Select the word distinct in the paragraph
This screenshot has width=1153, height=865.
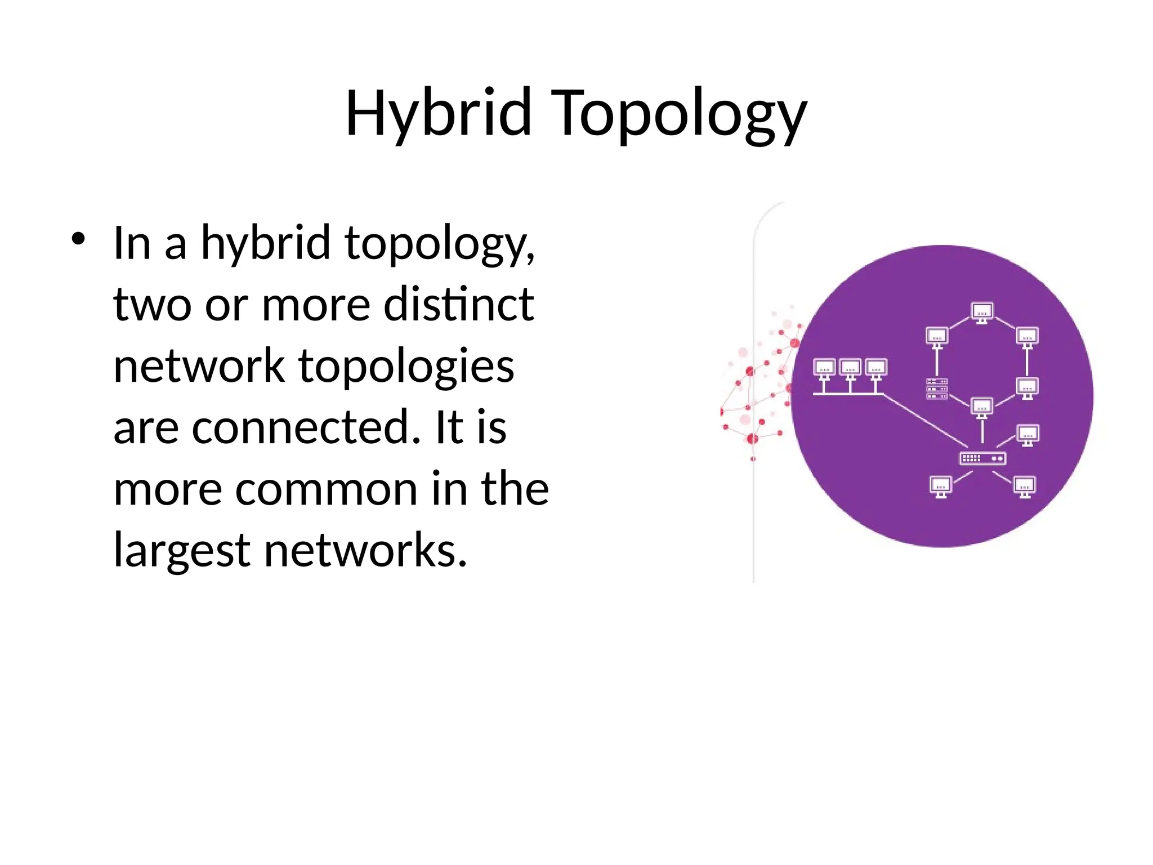click(458, 304)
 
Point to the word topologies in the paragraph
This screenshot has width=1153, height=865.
click(406, 366)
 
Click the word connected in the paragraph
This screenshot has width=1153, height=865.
click(306, 427)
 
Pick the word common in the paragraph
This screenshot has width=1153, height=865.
click(327, 489)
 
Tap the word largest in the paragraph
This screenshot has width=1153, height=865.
click(181, 550)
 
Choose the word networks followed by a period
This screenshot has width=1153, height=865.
click(365, 550)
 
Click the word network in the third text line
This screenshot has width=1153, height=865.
click(199, 366)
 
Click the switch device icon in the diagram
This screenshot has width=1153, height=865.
click(982, 458)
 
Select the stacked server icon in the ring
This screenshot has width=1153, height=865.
click(937, 389)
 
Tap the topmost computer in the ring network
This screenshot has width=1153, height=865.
click(982, 313)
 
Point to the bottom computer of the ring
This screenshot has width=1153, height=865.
click(982, 407)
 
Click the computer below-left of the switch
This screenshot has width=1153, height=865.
click(941, 487)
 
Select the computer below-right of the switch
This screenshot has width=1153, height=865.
click(1025, 487)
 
